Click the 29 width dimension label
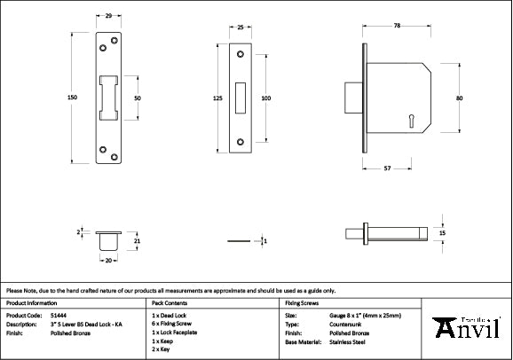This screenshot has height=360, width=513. click(x=108, y=17)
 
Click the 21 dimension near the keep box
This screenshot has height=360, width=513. click(x=137, y=239)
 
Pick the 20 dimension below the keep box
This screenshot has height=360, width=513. click(x=109, y=261)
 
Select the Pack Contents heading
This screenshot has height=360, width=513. click(x=170, y=303)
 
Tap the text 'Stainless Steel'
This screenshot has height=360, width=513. click(x=347, y=340)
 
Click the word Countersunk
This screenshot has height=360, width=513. click(x=343, y=324)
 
